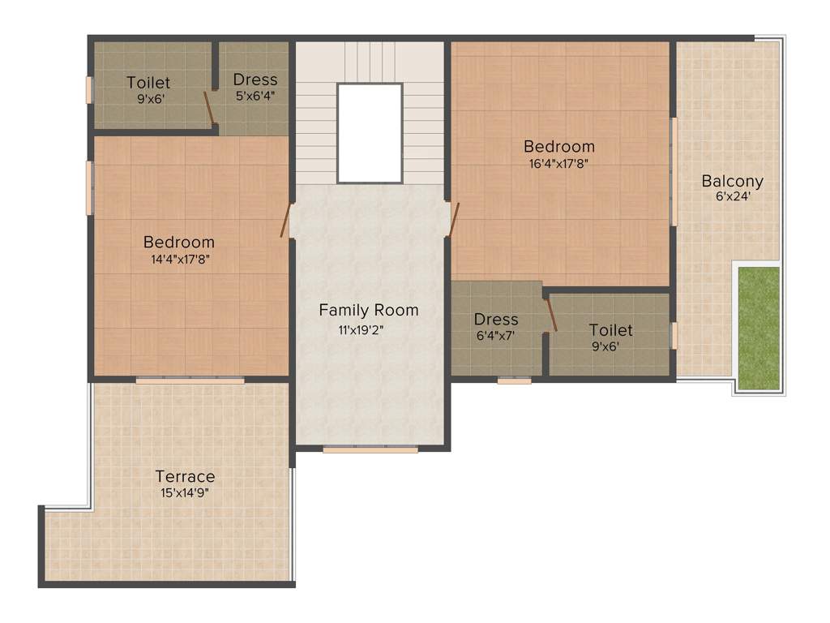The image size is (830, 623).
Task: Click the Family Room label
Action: tap(369, 310)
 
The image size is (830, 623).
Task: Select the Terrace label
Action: tap(185, 476)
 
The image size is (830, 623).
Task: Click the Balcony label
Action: tap(732, 181)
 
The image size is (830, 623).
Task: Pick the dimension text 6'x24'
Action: tap(732, 197)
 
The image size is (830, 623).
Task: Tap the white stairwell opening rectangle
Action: tap(370, 133)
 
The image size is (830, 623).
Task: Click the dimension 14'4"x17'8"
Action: tap(179, 260)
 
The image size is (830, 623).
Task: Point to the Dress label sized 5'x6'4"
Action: tap(255, 79)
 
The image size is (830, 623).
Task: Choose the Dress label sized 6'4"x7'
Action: tap(496, 320)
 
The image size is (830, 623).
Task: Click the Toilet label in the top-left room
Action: tap(148, 83)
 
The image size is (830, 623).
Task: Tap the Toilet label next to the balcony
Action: tap(610, 330)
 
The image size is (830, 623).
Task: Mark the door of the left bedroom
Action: tap(285, 220)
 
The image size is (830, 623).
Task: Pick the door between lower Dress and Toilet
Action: tap(552, 315)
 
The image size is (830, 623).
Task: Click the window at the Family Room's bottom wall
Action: tap(370, 449)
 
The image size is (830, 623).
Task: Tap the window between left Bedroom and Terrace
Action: tap(190, 380)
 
